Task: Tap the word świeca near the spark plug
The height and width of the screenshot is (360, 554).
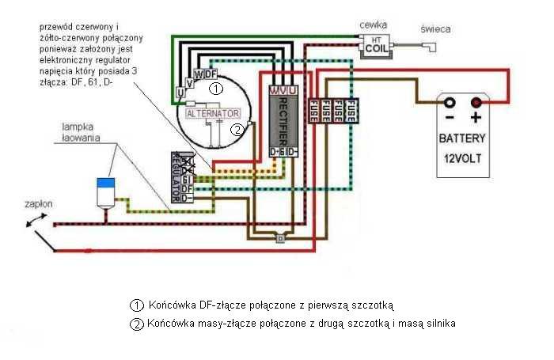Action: click(435, 29)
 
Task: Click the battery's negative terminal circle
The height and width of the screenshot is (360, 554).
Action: click(449, 103)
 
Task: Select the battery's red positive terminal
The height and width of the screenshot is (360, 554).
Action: click(476, 103)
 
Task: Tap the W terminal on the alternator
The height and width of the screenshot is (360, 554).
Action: click(198, 75)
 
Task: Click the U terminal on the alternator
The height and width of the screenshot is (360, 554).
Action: click(180, 93)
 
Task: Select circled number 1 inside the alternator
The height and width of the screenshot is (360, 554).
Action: click(216, 89)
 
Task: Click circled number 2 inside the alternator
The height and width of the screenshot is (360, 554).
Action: click(236, 130)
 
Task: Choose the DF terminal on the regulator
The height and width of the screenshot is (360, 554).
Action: click(187, 188)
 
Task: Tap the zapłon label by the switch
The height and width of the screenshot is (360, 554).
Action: click(38, 203)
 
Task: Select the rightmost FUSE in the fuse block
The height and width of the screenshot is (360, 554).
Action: click(351, 110)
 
